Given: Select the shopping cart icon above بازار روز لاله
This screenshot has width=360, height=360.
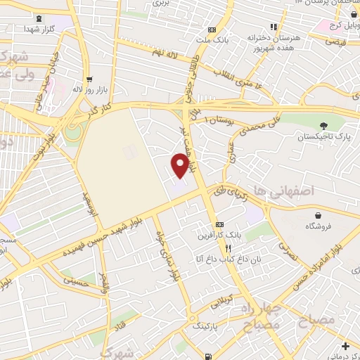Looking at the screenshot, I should (89, 79).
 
